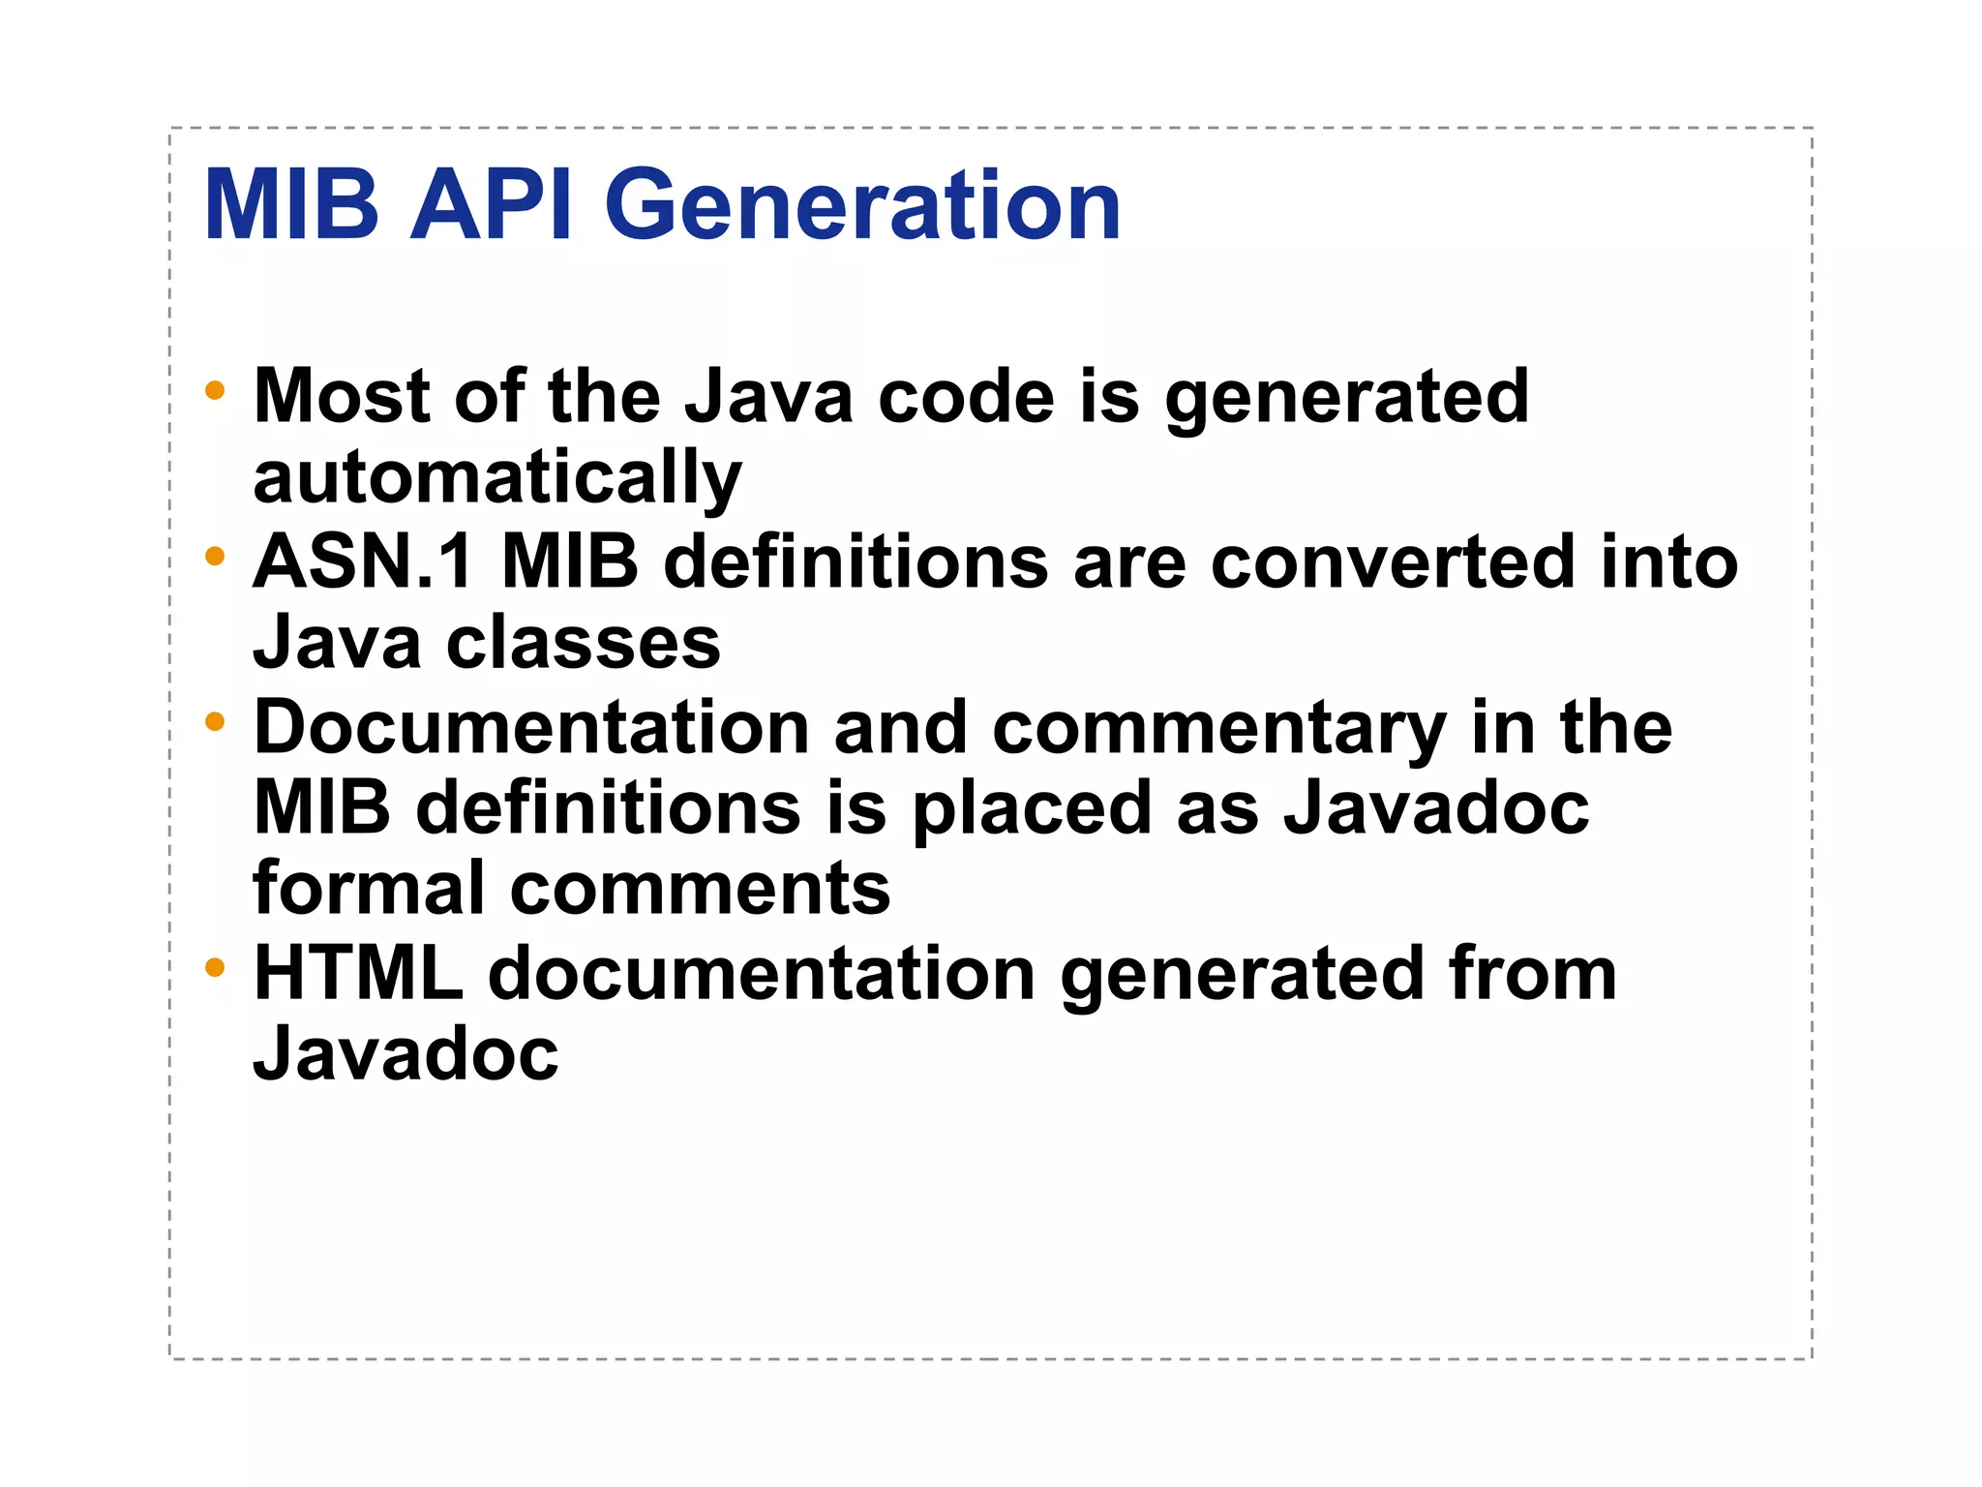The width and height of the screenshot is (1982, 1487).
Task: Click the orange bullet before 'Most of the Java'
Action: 215,391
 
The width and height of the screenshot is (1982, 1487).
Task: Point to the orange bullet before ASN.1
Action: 215,557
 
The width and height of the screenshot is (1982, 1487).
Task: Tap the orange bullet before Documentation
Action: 215,721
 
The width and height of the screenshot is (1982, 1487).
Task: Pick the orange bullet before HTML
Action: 215,967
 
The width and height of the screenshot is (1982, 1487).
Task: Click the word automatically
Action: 497,478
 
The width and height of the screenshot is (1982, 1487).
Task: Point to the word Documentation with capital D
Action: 531,727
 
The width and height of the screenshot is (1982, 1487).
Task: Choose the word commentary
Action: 1219,729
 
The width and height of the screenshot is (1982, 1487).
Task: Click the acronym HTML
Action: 359,973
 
